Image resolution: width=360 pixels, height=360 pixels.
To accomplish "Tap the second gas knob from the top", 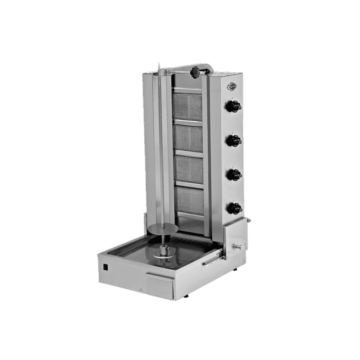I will (234, 140).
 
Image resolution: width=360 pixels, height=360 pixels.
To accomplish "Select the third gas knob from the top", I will (234, 175).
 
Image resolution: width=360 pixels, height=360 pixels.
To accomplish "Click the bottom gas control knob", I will (234, 208).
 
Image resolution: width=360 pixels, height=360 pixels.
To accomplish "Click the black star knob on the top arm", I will (195, 72).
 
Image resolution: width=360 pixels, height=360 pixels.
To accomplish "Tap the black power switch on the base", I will (105, 267).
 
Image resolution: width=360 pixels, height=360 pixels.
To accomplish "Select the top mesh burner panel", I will (188, 107).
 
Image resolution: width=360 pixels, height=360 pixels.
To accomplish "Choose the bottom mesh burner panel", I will (189, 201).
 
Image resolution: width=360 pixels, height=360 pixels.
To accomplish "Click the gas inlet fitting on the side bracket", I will (239, 247).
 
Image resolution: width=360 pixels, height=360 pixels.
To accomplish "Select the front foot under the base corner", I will (186, 296).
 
